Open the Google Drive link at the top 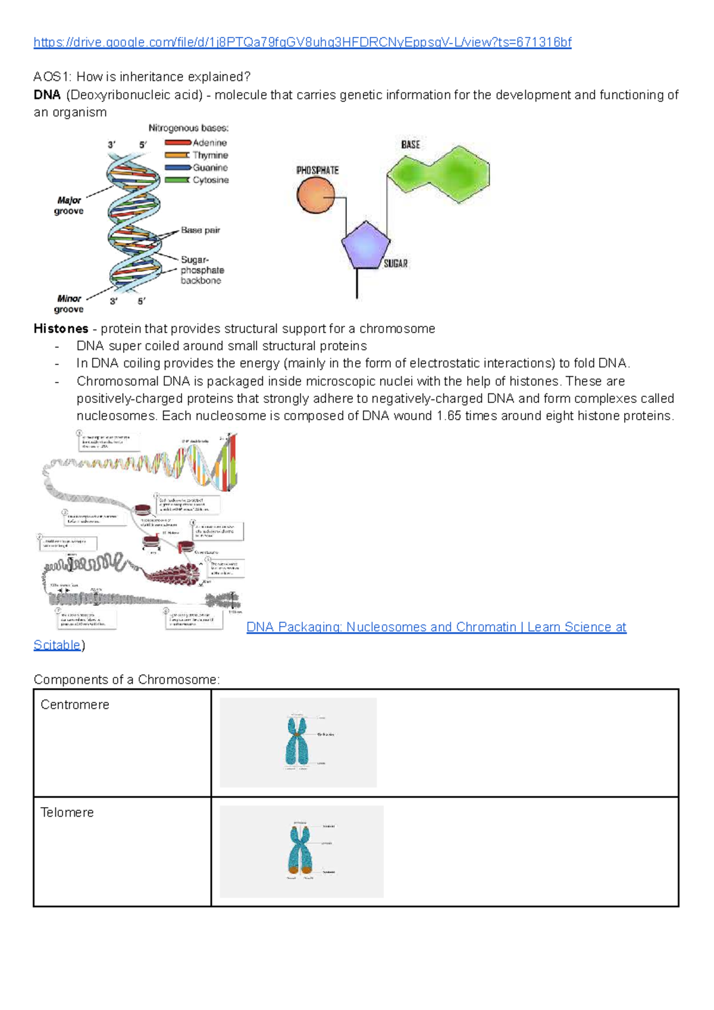[302, 42]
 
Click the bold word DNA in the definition [47, 95]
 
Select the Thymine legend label [210, 155]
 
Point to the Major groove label [69, 206]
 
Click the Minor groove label [69, 304]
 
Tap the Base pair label [201, 230]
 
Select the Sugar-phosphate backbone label [202, 270]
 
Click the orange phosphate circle [316, 195]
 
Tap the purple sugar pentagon [365, 245]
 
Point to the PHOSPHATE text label [318, 171]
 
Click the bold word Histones [61, 329]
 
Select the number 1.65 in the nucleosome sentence [449, 416]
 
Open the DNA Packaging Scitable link [436, 627]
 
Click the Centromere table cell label [75, 705]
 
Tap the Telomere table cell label [67, 812]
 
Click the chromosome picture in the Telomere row [302, 851]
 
